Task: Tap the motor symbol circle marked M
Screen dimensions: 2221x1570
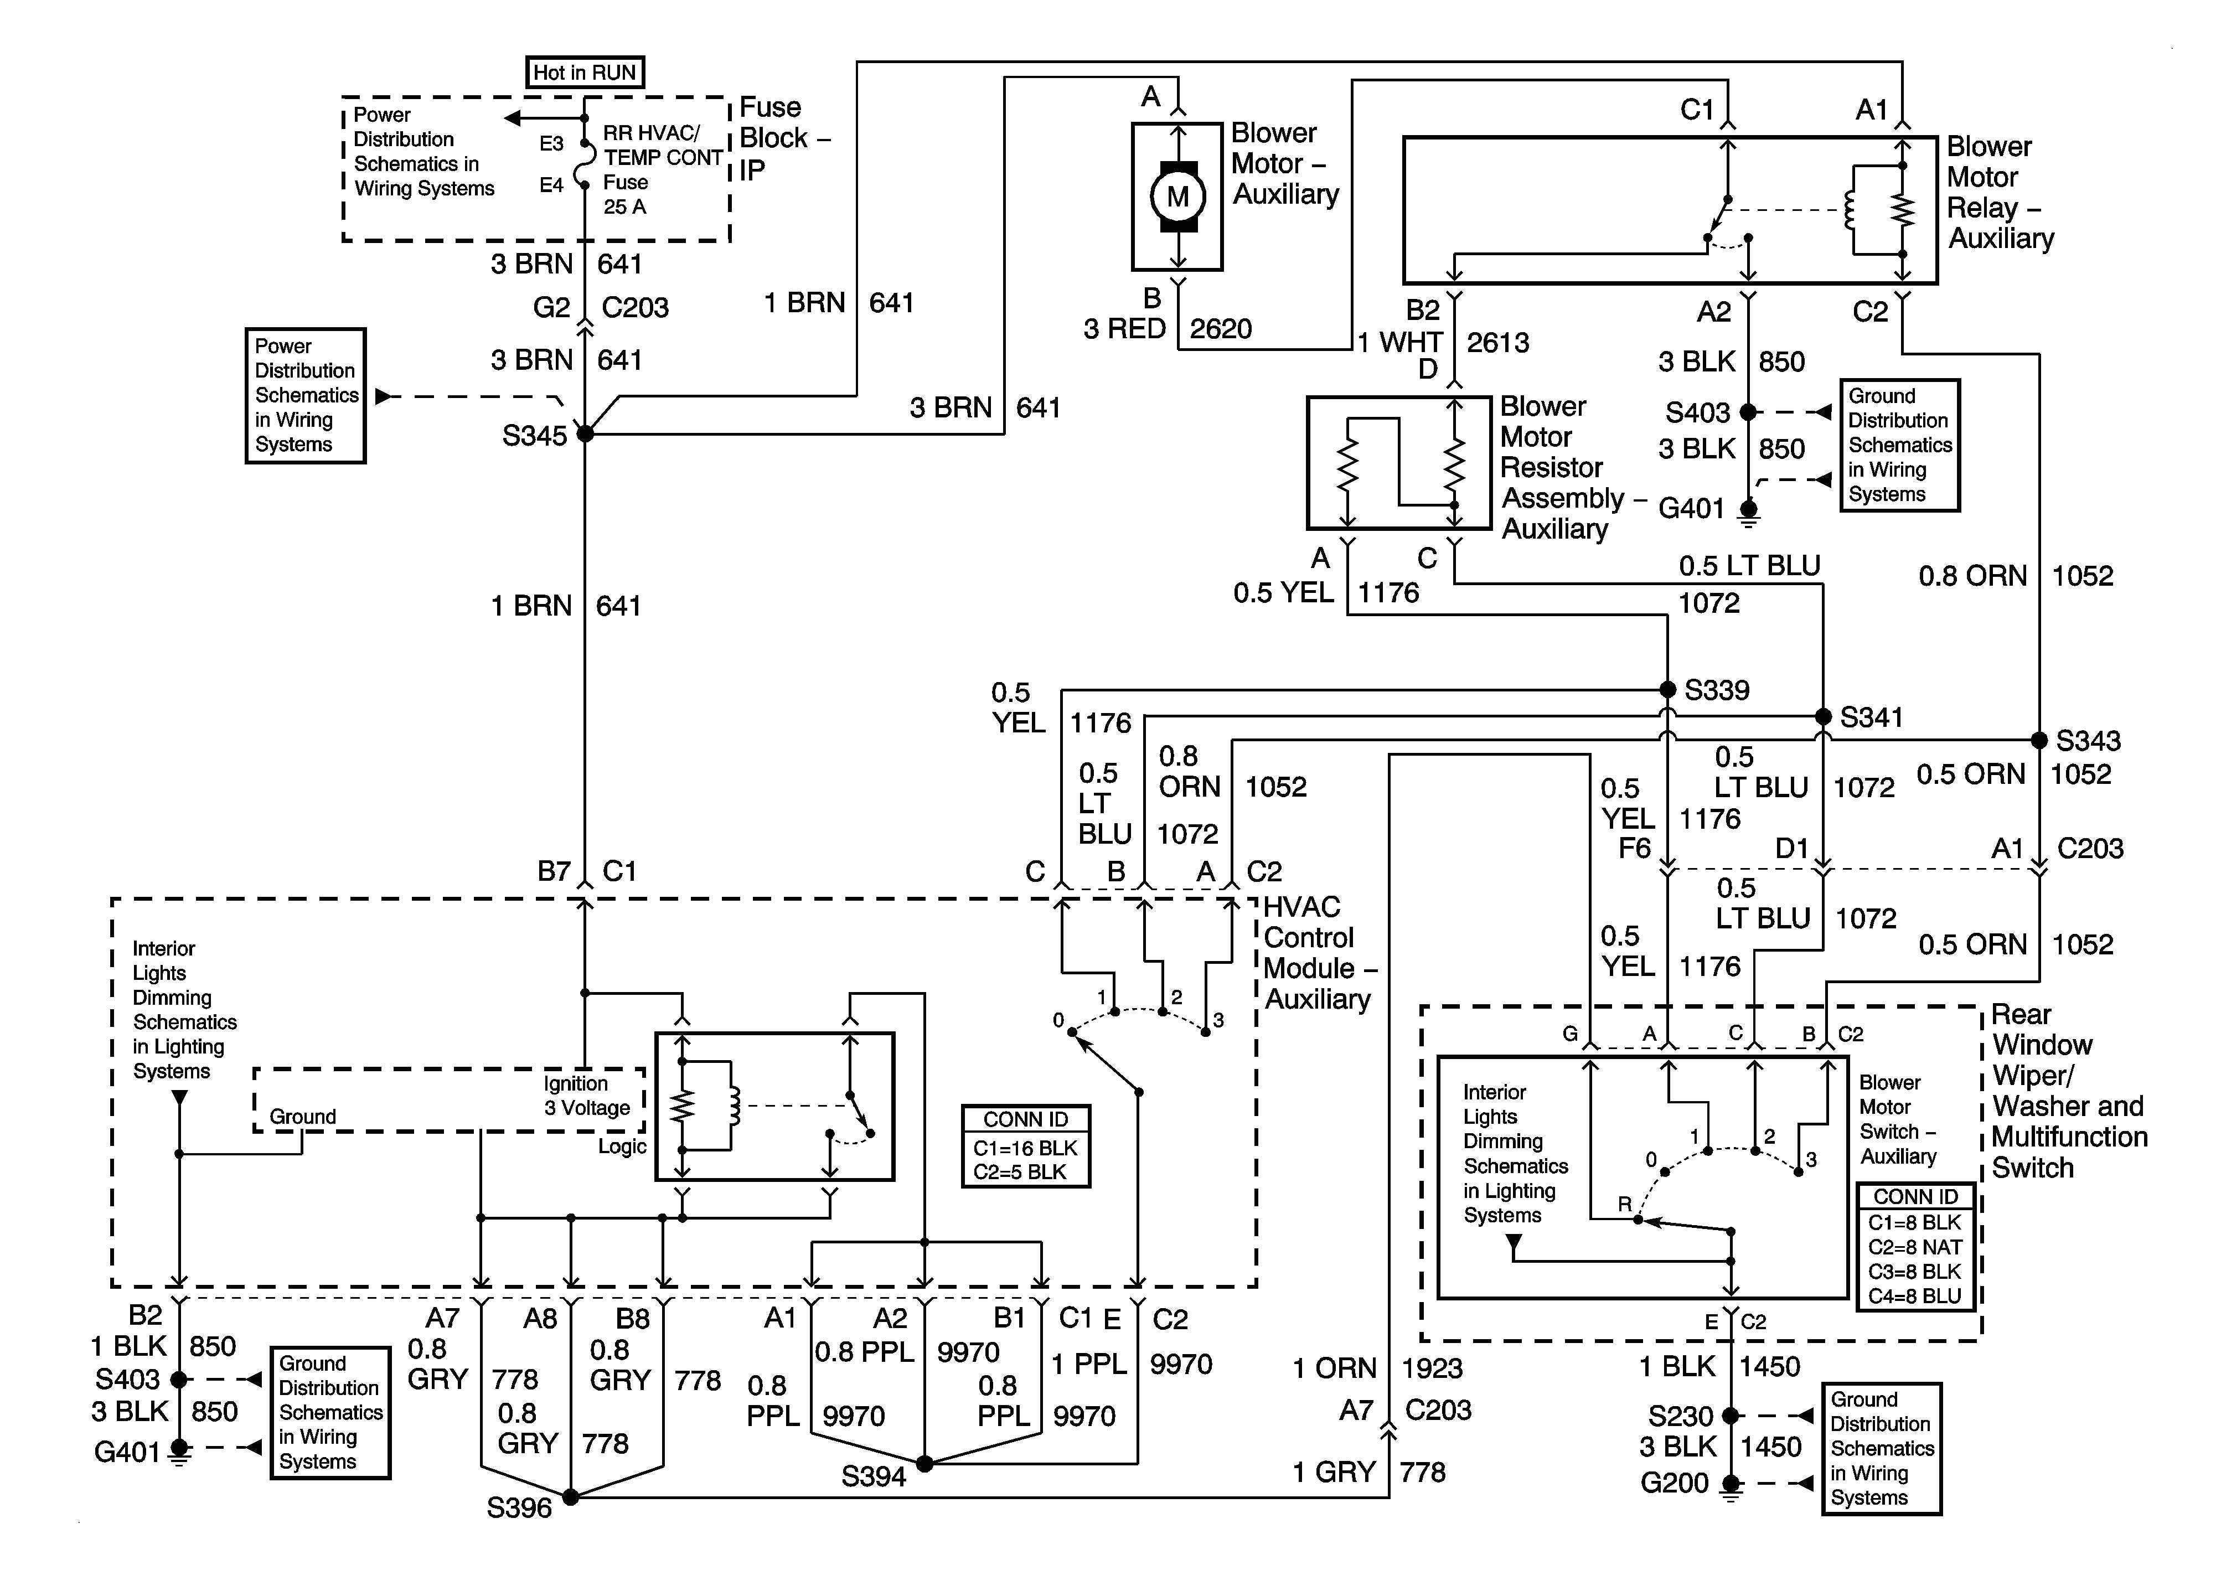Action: (1177, 197)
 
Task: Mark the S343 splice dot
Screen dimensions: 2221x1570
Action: (2039, 740)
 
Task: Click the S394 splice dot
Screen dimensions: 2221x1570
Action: (925, 1464)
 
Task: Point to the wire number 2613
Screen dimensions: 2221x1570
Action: (1497, 343)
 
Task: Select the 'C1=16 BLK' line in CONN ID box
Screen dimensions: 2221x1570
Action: (1025, 1148)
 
